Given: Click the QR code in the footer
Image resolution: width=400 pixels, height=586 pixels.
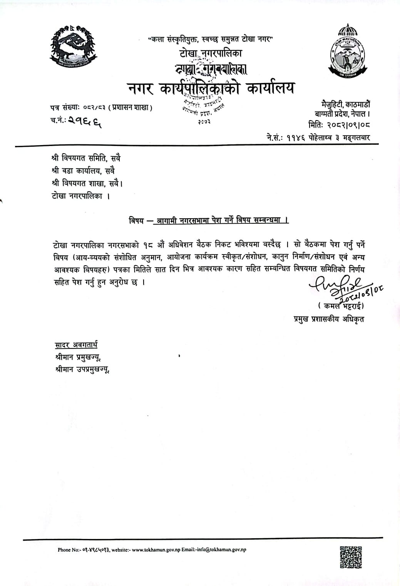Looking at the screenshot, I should (x=351, y=557).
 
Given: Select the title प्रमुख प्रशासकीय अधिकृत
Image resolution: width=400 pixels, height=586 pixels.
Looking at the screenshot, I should (x=328, y=319).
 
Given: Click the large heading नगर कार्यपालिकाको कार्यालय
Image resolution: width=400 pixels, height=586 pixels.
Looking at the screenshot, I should (x=211, y=89).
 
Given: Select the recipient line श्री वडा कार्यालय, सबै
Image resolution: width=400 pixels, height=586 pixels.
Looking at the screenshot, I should (x=83, y=171).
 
